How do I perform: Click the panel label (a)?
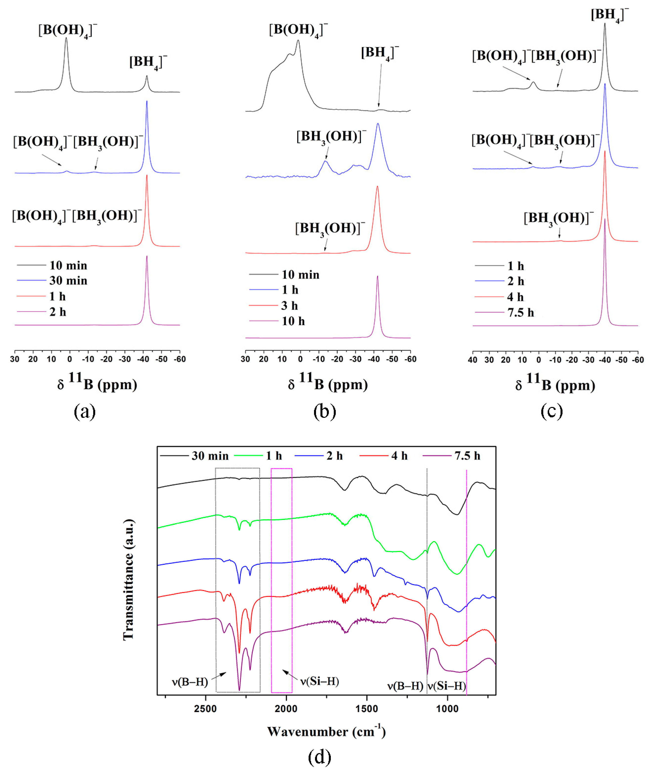84,411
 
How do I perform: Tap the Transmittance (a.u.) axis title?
128,580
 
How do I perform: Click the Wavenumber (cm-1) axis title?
326,731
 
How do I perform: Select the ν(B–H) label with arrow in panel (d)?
190,682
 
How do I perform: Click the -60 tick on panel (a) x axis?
180,359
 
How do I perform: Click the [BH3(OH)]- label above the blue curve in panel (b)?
331,137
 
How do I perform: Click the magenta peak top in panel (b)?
377,276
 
